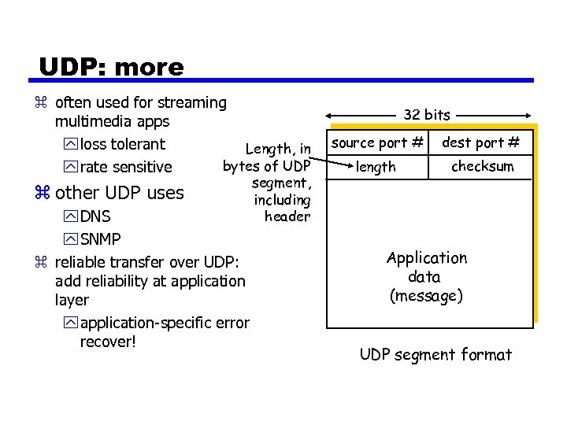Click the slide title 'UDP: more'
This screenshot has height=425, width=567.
click(x=111, y=67)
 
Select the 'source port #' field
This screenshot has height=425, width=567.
click(x=377, y=143)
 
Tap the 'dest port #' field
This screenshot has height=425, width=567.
click(x=480, y=143)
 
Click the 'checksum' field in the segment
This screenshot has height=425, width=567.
click(x=482, y=166)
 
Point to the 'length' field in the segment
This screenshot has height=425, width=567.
click(x=376, y=167)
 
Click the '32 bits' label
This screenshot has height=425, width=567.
click(x=427, y=115)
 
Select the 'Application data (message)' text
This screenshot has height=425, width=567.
click(x=426, y=277)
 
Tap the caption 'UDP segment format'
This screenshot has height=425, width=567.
click(x=435, y=355)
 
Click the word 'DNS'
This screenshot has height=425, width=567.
click(x=95, y=216)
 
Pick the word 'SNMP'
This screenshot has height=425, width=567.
click(x=100, y=238)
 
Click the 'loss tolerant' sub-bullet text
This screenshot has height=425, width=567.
click(x=123, y=144)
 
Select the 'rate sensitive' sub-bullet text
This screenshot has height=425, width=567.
click(x=126, y=167)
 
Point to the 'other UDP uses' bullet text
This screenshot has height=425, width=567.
click(x=120, y=193)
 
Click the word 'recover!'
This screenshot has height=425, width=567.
click(x=108, y=343)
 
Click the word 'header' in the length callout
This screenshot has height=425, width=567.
click(x=287, y=216)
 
